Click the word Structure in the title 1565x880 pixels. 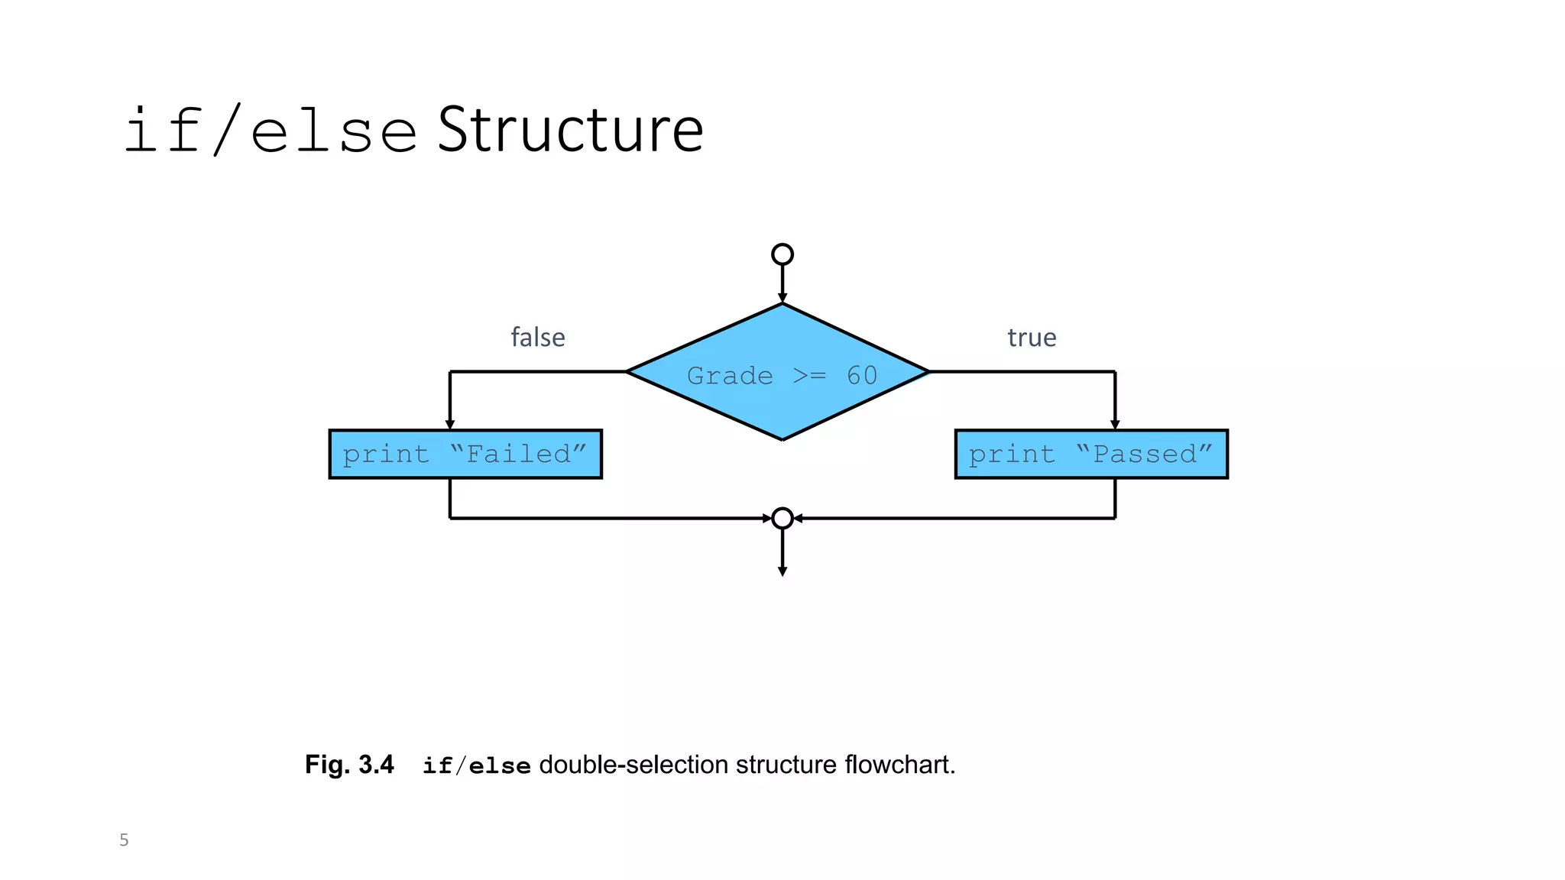(x=570, y=131)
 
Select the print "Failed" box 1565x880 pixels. (x=465, y=455)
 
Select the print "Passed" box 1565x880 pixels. (x=1090, y=455)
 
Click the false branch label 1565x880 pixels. (x=537, y=338)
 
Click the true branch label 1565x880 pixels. (x=1031, y=338)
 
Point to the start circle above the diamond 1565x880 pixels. (x=782, y=254)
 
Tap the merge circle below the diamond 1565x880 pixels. (x=782, y=519)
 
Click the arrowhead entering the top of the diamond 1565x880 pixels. (x=782, y=298)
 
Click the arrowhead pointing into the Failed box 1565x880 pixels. (x=450, y=424)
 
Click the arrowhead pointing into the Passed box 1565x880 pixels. (x=1115, y=424)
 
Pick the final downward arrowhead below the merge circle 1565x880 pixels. (x=782, y=571)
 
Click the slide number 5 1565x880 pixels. (x=124, y=840)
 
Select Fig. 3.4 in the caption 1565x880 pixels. (x=349, y=765)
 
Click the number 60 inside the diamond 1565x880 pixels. (x=861, y=376)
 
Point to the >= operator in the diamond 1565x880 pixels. (x=809, y=376)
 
